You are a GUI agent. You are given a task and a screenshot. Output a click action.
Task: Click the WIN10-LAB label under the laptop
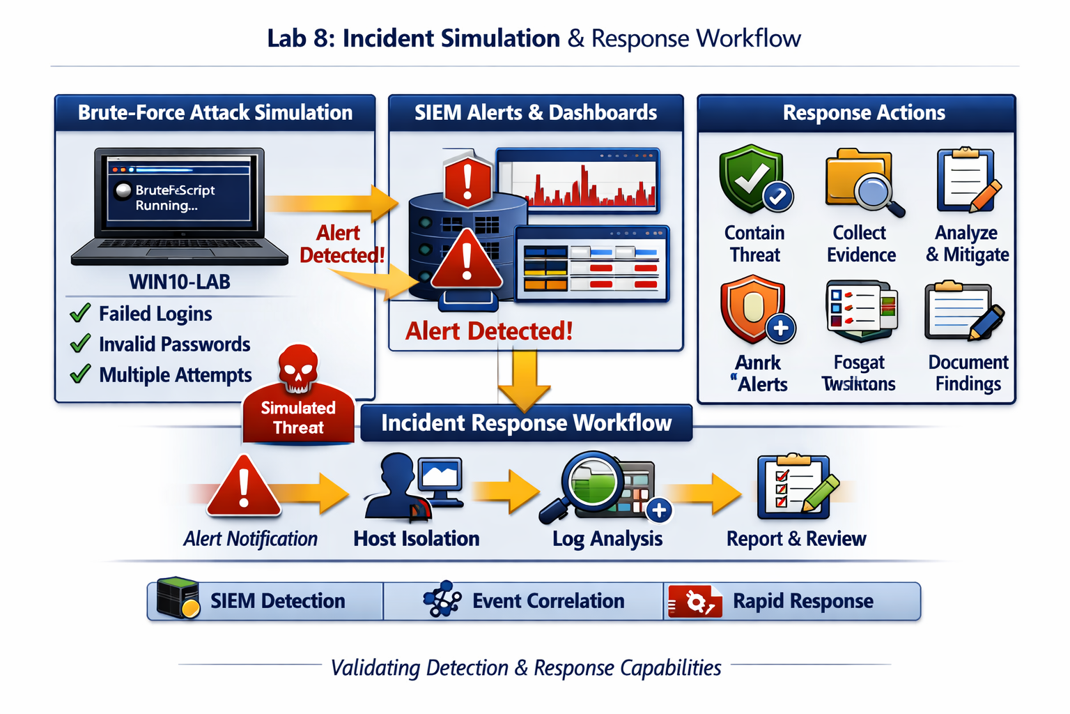click(x=180, y=282)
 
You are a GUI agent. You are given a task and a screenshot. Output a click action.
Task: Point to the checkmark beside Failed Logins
click(x=81, y=313)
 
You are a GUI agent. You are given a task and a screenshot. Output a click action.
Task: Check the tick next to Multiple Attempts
click(x=81, y=374)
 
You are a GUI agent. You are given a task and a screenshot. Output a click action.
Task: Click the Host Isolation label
click(x=416, y=538)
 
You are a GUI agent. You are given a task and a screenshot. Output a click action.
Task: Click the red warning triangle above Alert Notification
click(x=243, y=488)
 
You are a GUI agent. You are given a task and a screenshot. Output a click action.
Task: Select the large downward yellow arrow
click(x=524, y=380)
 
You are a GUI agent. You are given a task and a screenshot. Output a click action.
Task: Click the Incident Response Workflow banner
click(x=526, y=423)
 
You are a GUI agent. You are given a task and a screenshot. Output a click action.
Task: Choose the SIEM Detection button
click(x=265, y=601)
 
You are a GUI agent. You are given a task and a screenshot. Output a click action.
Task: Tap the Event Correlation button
click(x=523, y=601)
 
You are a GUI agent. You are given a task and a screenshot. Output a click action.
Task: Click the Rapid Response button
click(x=791, y=601)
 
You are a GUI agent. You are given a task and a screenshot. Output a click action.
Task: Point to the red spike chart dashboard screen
click(x=578, y=181)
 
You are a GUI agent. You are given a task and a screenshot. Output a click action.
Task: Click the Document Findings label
click(x=968, y=373)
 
